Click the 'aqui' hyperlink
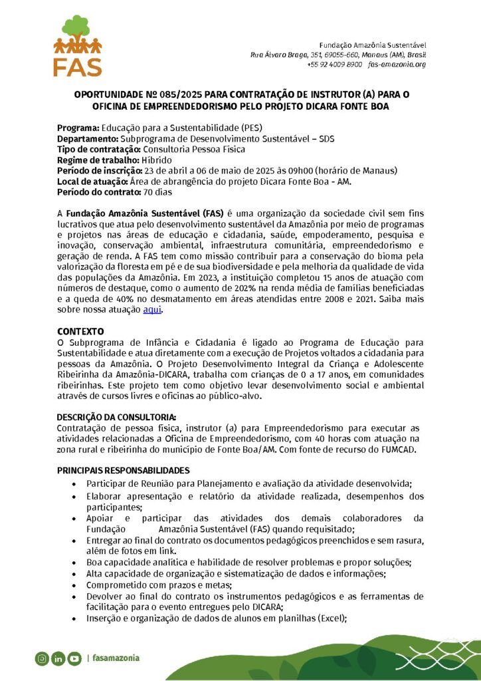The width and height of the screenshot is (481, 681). [152, 309]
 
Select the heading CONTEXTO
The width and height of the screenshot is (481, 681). [80, 331]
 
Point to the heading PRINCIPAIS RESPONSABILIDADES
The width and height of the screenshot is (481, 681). [123, 470]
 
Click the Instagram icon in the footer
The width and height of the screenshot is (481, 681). [43, 658]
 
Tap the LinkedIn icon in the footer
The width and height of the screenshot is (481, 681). [58, 658]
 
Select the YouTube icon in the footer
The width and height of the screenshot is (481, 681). [74, 658]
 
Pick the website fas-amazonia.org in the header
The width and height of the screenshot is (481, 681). [397, 65]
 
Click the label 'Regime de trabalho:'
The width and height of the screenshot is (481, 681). [98, 160]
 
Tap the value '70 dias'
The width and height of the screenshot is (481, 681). [157, 192]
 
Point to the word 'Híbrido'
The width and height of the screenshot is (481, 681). [156, 160]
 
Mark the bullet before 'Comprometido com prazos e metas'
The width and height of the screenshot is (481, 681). [80, 585]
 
